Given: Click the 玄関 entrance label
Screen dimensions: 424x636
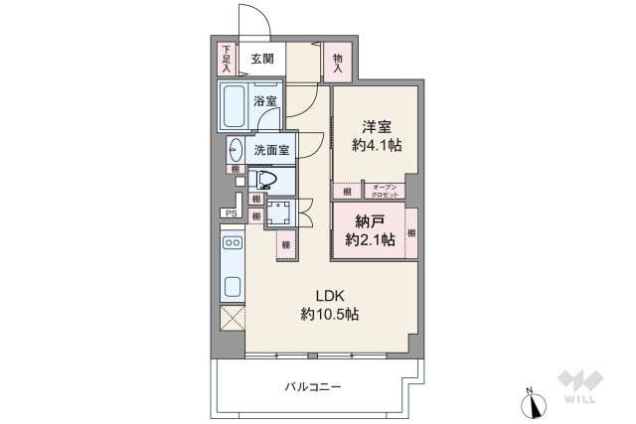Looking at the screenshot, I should coord(262,59).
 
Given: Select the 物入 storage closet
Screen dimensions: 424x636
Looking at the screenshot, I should coord(339,63).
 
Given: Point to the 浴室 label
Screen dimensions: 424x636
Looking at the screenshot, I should coord(264,101).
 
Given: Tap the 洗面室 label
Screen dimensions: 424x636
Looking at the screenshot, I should coord(270,151).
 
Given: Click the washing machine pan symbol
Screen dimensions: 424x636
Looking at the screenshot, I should coord(279,214).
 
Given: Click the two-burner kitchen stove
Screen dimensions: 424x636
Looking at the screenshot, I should coord(233,243).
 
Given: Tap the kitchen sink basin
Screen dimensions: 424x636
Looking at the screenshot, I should coord(233,288).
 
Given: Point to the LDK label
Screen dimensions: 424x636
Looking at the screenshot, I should coord(330,295).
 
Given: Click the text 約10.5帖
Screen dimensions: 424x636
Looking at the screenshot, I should coord(330,315).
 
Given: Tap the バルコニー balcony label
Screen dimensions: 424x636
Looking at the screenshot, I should coord(312,385).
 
